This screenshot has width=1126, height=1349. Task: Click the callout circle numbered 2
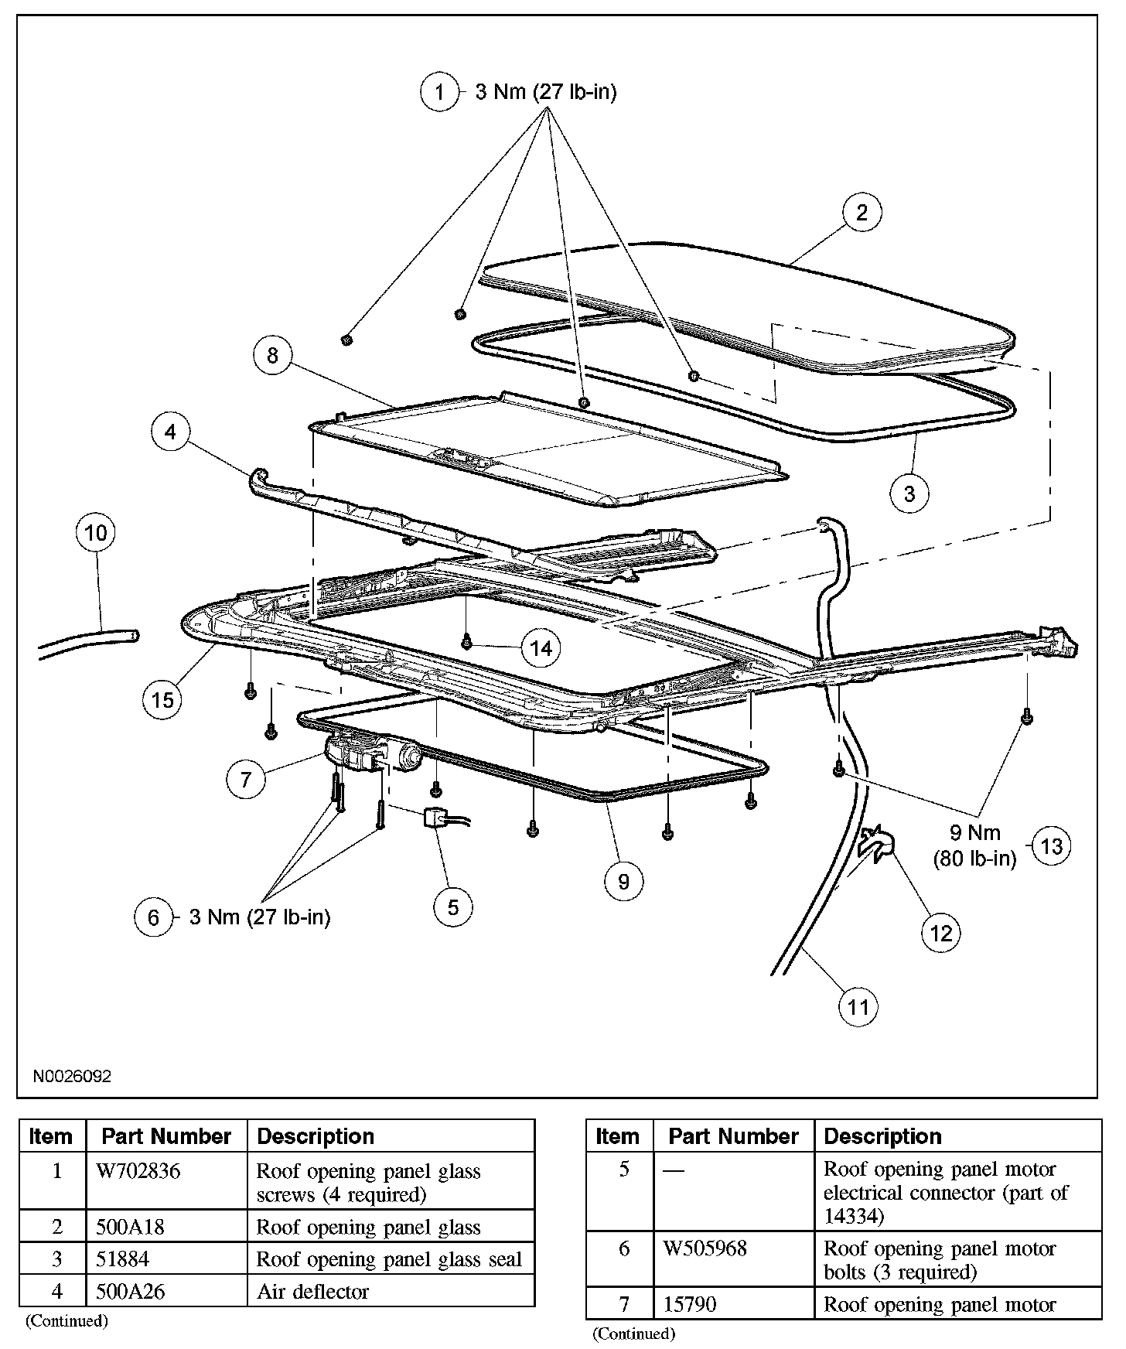coord(862,212)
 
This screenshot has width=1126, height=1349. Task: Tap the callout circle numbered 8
coord(272,355)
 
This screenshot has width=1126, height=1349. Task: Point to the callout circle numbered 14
coord(541,647)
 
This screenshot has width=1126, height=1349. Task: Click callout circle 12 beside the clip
coord(940,933)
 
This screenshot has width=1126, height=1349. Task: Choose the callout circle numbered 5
coord(453,907)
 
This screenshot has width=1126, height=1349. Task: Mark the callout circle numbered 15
coord(162,699)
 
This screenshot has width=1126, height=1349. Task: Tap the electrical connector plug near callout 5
coord(434,818)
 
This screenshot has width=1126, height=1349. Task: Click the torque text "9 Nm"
coord(974,832)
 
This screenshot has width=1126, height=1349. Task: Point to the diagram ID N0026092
coord(72,1076)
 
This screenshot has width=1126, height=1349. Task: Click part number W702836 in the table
coord(138,1171)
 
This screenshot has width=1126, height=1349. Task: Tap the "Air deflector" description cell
coord(312,1291)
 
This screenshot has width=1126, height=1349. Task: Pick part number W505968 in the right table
coord(705,1248)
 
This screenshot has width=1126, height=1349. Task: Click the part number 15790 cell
coord(690,1305)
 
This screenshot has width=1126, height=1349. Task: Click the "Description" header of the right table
coord(882,1136)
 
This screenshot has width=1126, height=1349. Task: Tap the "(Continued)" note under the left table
coord(67,1320)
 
